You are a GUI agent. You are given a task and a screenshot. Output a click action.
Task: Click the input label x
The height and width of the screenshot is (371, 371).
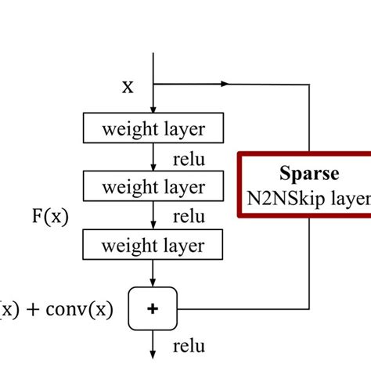pyautogui.click(x=127, y=86)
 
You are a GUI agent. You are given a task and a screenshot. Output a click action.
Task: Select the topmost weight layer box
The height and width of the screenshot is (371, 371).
pyautogui.click(x=153, y=128)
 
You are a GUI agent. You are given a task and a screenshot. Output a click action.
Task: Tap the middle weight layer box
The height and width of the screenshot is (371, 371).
pyautogui.click(x=153, y=187)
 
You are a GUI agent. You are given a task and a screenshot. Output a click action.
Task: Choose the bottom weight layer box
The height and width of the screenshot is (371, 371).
pyautogui.click(x=153, y=246)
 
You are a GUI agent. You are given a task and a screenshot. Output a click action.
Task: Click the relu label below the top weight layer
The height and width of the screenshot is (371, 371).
pyautogui.click(x=189, y=160)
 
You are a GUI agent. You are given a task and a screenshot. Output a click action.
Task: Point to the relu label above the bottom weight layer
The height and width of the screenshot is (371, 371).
pyautogui.click(x=189, y=217)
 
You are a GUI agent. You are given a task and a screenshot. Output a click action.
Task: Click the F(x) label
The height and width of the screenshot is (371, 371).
pyautogui.click(x=48, y=217)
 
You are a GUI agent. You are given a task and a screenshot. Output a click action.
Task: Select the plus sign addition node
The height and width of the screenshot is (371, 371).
pyautogui.click(x=153, y=308)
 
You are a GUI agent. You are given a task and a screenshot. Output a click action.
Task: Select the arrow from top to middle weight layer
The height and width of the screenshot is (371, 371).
pyautogui.click(x=153, y=157)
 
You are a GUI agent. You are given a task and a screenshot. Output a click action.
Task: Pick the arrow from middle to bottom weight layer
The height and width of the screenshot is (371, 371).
pyautogui.click(x=153, y=216)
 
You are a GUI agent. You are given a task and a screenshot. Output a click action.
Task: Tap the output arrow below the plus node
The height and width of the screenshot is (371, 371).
pyautogui.click(x=153, y=344)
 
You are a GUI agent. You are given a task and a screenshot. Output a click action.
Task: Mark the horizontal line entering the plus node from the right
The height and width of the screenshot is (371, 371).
pyautogui.click(x=235, y=308)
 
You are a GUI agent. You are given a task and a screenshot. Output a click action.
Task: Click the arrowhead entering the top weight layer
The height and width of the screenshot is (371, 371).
pyautogui.click(x=153, y=110)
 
